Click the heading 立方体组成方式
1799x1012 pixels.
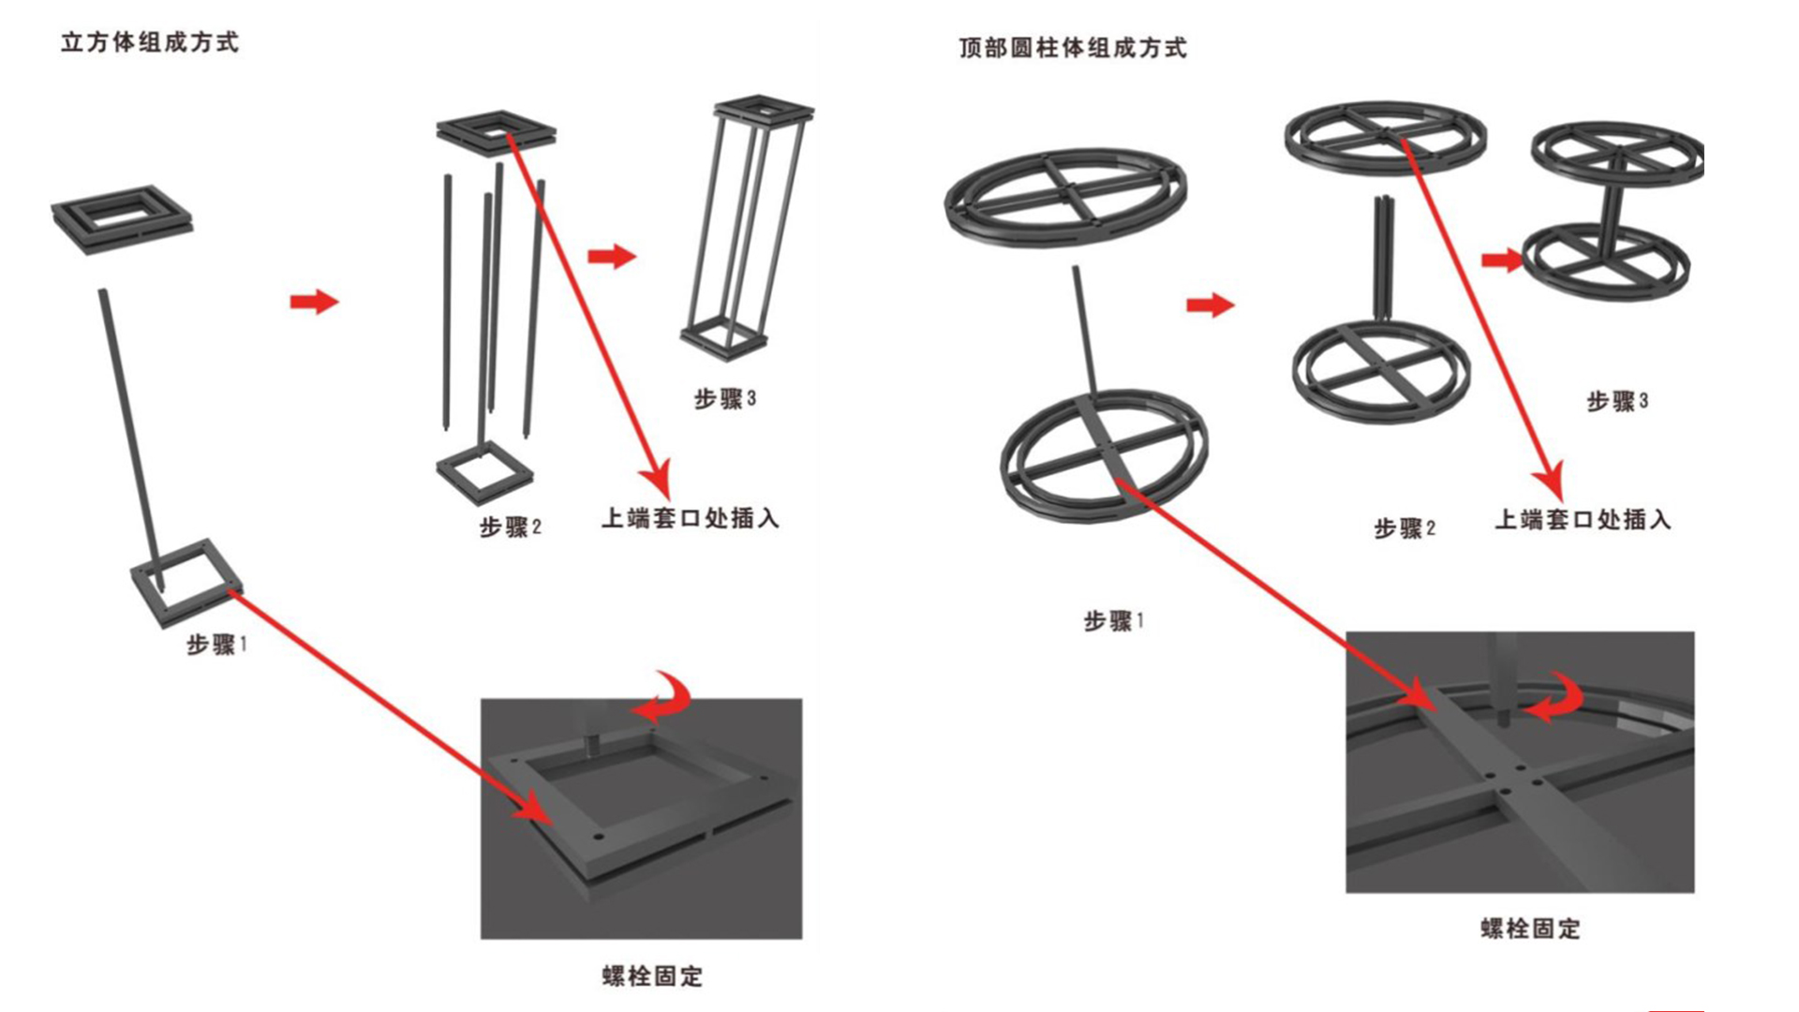coord(150,43)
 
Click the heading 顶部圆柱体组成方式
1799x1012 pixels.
coord(1073,48)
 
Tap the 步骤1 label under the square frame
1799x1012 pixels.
coord(216,645)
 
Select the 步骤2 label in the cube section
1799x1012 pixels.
coord(511,528)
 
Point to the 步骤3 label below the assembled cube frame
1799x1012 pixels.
coord(725,399)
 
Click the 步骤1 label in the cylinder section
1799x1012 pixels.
coord(1114,621)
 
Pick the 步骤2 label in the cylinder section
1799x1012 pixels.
coord(1405,528)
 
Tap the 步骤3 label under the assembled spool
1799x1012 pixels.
coord(1617,402)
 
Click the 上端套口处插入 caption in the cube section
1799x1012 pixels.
coord(691,518)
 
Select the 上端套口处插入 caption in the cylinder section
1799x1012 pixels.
coord(1583,519)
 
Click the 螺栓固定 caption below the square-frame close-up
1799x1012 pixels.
coord(652,976)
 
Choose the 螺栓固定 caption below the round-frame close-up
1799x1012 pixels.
coord(1530,929)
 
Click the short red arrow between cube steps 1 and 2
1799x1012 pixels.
coord(314,302)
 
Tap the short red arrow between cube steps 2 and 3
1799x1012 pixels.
coord(612,256)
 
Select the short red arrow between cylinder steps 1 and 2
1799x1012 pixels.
coord(1210,305)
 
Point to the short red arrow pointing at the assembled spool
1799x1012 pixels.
coord(1502,260)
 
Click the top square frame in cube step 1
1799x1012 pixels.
coord(122,217)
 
